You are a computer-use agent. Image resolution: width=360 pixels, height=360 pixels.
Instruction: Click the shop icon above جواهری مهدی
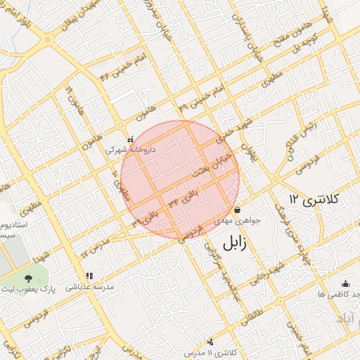237,210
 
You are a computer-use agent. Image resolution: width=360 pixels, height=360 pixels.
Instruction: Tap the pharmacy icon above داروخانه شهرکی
130,139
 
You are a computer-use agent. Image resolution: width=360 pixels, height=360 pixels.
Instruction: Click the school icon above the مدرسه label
89,276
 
